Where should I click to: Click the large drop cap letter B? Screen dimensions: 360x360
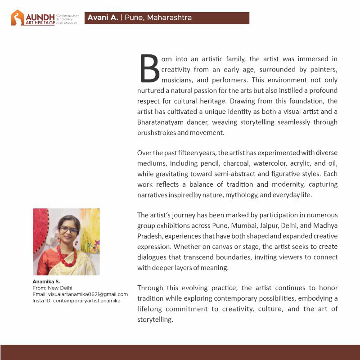[150, 69]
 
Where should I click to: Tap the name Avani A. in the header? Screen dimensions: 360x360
[103, 18]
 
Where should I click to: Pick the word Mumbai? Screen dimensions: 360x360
[247, 226]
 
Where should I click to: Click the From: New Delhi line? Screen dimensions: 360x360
[53, 288]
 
